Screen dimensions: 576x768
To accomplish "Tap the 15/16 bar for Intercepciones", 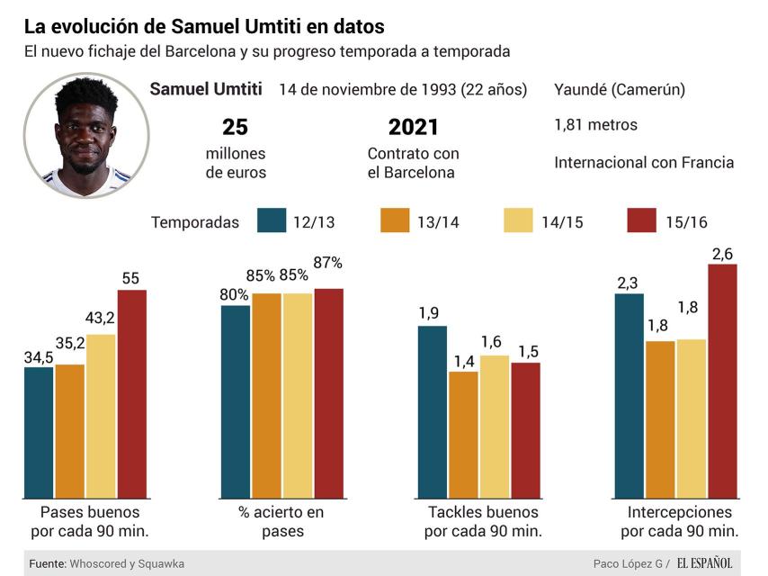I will click(722, 382).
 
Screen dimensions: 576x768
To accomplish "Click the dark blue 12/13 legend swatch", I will click(271, 221).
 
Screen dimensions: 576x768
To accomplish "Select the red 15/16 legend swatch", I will click(642, 221).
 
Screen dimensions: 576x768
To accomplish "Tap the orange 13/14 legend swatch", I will click(396, 221).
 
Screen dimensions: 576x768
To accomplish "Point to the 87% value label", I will click(328, 263).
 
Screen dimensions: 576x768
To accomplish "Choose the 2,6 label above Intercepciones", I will click(722, 254).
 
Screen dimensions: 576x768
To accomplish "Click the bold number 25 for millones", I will click(236, 127).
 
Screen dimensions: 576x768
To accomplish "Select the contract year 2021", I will click(413, 127).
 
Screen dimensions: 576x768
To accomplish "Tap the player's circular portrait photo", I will click(86, 135).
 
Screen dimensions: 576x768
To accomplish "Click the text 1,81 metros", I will click(595, 125).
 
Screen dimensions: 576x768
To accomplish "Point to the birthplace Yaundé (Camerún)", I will click(620, 89).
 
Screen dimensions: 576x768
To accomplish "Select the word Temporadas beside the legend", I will click(195, 222).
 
